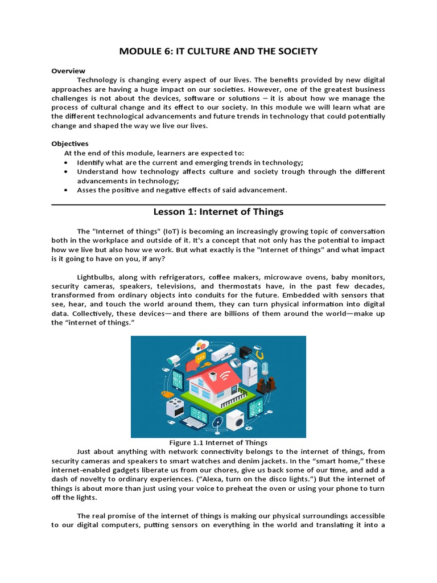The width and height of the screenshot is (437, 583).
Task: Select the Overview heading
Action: [68, 71]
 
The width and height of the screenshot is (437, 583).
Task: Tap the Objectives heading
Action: [70, 143]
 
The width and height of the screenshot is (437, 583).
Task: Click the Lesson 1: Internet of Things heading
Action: [218, 212]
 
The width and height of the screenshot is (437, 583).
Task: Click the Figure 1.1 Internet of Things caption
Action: [218, 442]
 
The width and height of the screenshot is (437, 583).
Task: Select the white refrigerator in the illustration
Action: [250, 373]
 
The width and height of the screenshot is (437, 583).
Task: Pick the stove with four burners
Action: [174, 407]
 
